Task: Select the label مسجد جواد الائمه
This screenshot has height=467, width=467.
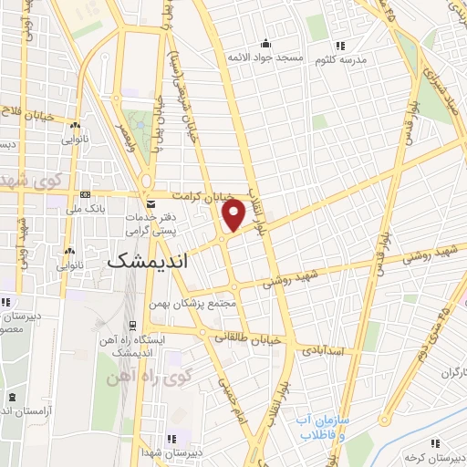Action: pos(265,57)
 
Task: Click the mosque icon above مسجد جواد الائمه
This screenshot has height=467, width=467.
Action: pos(265,43)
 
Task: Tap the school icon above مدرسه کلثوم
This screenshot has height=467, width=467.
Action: pos(340,45)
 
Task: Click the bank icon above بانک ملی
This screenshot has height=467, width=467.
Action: pos(86,194)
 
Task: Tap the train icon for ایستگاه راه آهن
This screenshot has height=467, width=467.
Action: pos(133,325)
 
